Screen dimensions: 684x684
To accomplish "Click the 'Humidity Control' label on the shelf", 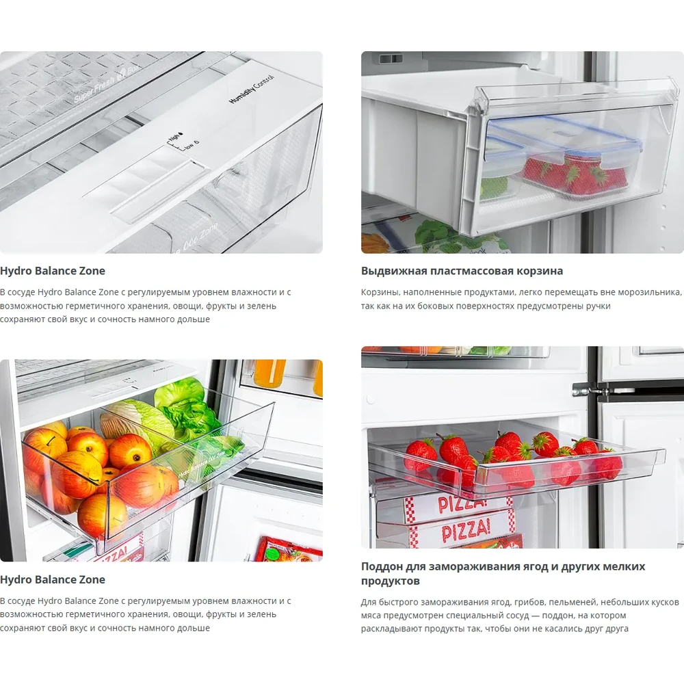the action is (x=252, y=90).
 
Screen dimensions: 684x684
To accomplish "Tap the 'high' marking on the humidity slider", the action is (x=174, y=137).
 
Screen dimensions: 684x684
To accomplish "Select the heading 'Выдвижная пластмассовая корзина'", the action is (x=462, y=271).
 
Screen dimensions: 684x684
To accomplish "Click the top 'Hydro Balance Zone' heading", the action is (x=53, y=271).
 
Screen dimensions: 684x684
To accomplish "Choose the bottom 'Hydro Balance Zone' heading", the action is (x=53, y=580).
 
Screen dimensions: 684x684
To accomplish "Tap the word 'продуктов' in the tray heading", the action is (x=390, y=581).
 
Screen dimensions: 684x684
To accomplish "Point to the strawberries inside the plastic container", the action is (x=574, y=174).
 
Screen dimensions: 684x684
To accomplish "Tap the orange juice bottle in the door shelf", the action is (x=269, y=373).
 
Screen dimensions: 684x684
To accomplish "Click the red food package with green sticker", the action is (x=289, y=549).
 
